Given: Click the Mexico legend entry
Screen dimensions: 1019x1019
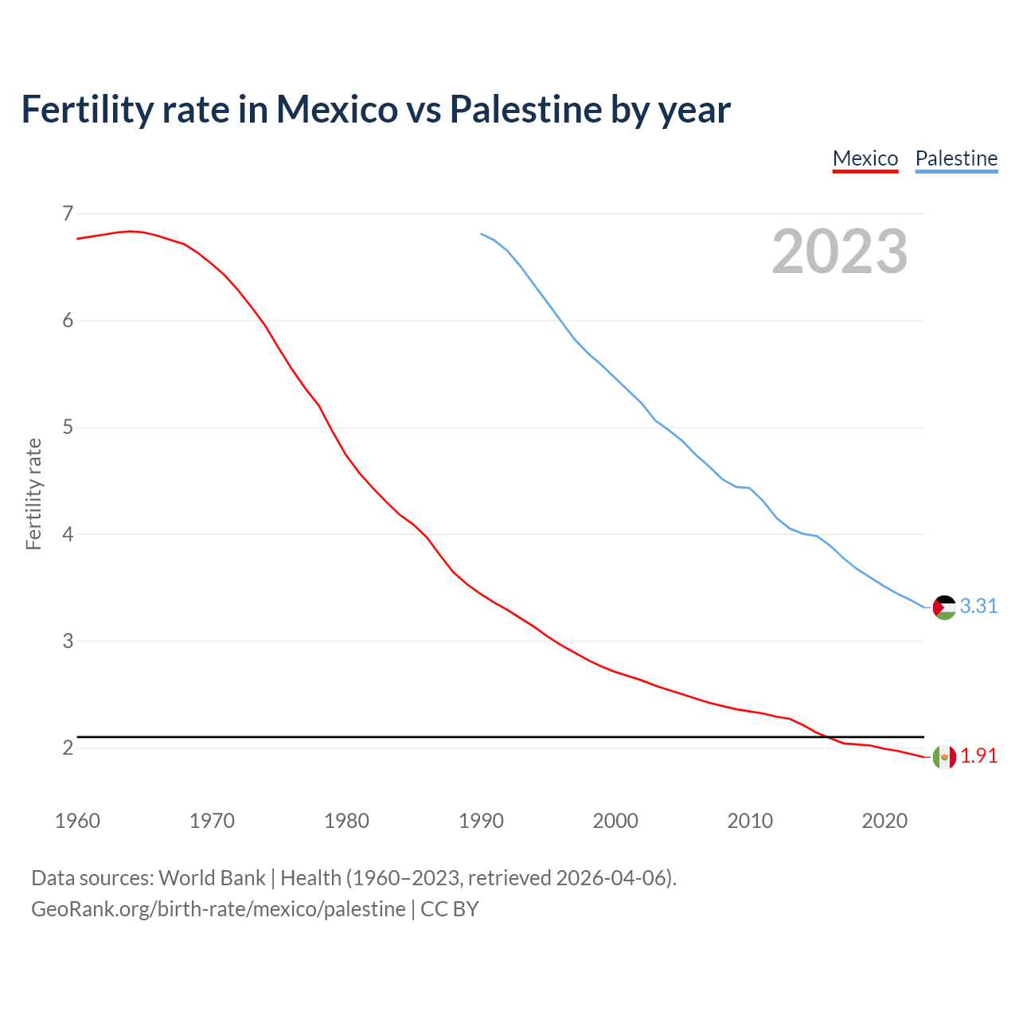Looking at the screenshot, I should [865, 158].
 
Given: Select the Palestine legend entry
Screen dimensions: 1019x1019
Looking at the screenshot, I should [956, 158].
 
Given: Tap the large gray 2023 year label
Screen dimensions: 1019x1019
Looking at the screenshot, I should [840, 252].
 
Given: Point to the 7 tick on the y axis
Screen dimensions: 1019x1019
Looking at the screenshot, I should [68, 213].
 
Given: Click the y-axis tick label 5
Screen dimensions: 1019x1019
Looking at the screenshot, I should [68, 428].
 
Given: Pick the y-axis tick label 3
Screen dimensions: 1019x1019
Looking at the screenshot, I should [68, 641].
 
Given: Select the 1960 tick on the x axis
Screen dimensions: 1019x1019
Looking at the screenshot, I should [77, 821].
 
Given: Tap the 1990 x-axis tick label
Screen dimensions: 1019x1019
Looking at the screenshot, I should [481, 821].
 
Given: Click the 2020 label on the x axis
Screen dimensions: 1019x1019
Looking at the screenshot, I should [884, 821].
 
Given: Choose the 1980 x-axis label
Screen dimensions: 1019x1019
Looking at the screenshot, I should [346, 821].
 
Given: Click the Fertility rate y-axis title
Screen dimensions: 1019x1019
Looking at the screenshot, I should [33, 494].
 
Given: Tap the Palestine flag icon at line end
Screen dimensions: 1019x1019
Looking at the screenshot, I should [944, 607].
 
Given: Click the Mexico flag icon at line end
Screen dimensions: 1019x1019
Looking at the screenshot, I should [944, 756].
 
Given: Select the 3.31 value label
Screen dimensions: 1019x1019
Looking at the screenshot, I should [978, 607].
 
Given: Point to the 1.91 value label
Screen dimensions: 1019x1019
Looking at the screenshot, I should [978, 756].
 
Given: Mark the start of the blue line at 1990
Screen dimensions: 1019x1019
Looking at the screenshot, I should [481, 234].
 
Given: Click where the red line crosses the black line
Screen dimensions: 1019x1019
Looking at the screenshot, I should [828, 737].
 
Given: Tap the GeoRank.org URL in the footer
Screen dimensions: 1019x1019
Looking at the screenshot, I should [218, 909].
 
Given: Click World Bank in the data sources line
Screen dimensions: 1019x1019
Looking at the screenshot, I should [212, 878].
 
